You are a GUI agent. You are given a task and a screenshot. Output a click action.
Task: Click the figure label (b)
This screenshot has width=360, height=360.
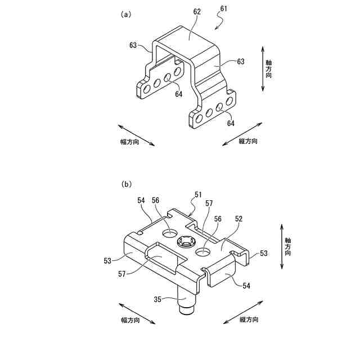[126, 184]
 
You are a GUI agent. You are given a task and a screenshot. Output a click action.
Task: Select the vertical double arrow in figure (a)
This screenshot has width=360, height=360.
[263, 70]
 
